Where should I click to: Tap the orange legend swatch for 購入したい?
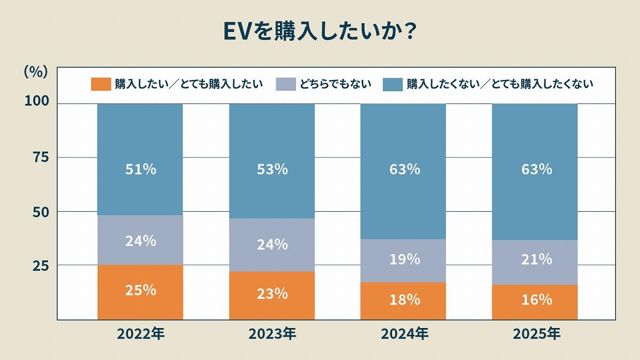click(100, 84)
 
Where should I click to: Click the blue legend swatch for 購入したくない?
click(392, 84)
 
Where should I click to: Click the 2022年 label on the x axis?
click(141, 334)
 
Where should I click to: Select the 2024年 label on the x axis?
click(404, 334)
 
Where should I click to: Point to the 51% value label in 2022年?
click(141, 169)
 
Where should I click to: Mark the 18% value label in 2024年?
click(404, 300)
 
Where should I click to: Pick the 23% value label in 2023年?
click(272, 293)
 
